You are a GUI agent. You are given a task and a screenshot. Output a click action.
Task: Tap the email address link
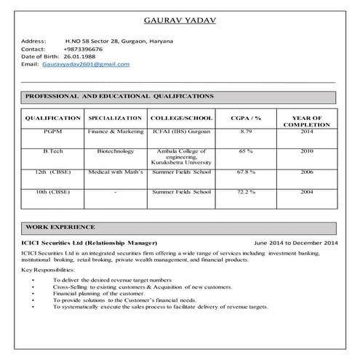point(86,64)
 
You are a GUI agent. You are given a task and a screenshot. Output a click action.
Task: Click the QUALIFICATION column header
point(52,117)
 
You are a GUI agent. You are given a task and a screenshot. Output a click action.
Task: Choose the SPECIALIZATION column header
point(115,117)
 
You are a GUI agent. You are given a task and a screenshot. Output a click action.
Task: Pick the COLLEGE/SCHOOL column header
point(181,117)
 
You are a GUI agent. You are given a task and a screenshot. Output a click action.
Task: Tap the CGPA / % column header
point(245,117)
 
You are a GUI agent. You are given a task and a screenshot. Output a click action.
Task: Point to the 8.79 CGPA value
point(245,132)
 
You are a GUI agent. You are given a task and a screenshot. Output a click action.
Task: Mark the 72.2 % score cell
point(245,191)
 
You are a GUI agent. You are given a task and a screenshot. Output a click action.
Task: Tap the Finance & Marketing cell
point(115,132)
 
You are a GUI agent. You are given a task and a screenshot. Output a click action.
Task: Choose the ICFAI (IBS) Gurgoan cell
point(181,132)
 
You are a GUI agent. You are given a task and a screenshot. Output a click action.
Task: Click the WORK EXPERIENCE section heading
point(60,227)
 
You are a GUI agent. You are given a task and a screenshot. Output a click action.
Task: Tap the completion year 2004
point(306,191)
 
